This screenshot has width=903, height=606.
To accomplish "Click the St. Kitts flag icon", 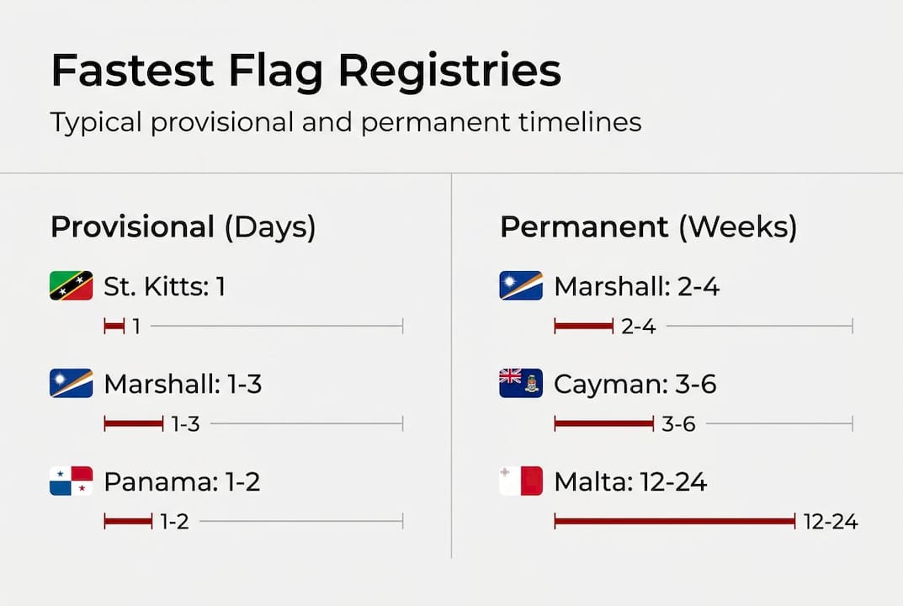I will (72, 286).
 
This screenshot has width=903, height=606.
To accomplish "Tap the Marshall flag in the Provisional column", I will (72, 384).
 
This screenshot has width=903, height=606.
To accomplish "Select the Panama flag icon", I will (72, 481).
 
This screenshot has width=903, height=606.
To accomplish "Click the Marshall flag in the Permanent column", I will (521, 286).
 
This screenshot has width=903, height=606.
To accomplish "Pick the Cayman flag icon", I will (521, 384).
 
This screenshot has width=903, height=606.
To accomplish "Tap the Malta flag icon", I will (521, 481).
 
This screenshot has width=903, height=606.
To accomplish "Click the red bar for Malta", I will (674, 522).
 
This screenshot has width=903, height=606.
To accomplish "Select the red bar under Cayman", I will (603, 424).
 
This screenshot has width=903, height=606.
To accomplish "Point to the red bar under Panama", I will (128, 522).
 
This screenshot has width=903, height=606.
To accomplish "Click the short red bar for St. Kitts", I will (114, 327).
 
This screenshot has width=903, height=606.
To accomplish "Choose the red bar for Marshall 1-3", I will (133, 424).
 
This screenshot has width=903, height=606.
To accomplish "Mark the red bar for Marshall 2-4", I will (583, 327).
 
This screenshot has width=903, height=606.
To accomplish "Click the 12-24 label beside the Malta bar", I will (831, 522).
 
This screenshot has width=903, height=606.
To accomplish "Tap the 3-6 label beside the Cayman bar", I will (678, 424).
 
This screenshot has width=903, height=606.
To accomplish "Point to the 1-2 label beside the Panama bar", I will (174, 522).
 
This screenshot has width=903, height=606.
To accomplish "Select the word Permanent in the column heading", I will (584, 227).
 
